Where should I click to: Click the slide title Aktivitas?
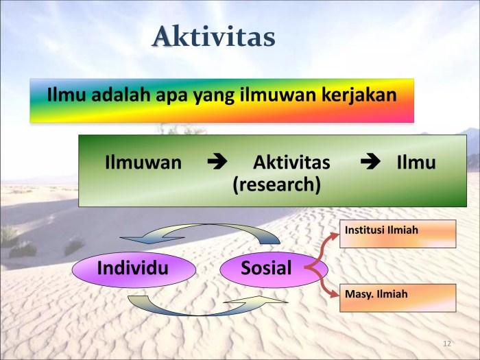coord(214,37)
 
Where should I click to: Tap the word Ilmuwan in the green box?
coord(143,163)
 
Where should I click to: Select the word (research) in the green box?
coord(277,185)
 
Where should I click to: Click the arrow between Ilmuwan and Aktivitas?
coord(217,162)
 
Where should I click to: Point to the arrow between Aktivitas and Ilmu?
coord(370,162)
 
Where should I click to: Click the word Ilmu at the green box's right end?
coord(416,163)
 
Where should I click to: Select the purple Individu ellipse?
coord(134,269)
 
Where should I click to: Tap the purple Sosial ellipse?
coord(274,269)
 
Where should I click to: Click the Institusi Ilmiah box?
coord(398,234)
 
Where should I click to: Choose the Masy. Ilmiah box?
coord(398,298)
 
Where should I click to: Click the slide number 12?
coord(447,344)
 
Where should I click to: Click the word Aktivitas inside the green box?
coord(291,163)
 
